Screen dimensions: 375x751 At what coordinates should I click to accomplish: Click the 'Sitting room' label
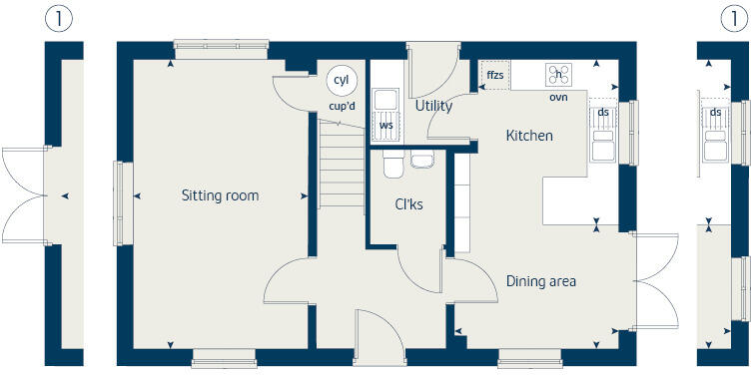(x=220, y=195)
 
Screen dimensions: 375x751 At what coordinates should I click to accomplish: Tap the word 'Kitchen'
(x=528, y=136)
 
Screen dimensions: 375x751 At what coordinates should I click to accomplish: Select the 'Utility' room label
(x=433, y=106)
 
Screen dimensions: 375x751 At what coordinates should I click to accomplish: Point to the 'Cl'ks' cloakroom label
(x=408, y=204)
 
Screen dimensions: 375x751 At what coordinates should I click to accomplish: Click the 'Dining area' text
(x=540, y=281)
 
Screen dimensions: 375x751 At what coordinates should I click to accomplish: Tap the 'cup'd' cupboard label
(x=342, y=106)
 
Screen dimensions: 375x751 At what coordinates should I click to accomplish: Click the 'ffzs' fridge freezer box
(x=495, y=75)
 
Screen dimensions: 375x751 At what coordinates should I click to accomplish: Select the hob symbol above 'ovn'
(x=558, y=74)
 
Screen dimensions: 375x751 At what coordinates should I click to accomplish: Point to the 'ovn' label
(x=558, y=97)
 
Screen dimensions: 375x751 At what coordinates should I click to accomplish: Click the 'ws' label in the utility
(x=385, y=126)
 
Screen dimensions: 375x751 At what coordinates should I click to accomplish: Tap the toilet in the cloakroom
(x=392, y=164)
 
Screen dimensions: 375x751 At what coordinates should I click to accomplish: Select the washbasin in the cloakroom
(x=421, y=160)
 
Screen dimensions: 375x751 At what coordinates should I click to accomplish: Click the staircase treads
(x=342, y=165)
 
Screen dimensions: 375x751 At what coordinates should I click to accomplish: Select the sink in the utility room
(x=384, y=98)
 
